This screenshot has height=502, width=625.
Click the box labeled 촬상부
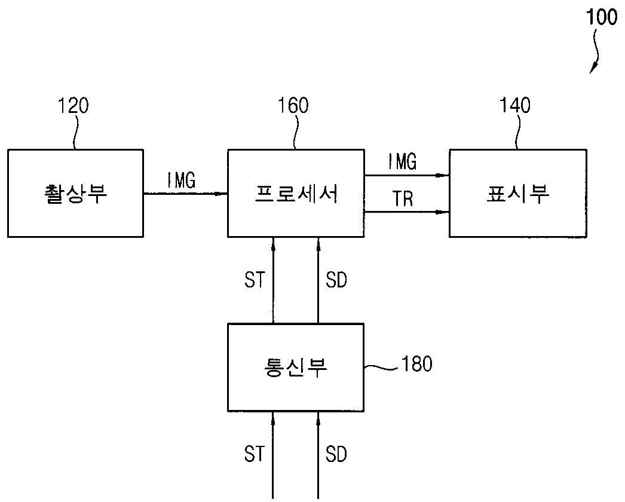(75, 194)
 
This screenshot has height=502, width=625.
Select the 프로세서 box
(296, 194)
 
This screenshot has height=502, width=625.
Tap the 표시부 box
(518, 194)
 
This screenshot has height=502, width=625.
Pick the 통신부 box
(296, 368)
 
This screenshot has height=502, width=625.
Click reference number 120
(73, 106)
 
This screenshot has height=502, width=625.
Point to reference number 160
(293, 106)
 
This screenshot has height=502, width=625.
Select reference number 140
(515, 106)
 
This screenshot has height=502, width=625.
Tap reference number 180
(417, 363)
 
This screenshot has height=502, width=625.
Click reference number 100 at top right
(602, 17)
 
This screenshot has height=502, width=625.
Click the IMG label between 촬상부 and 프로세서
(182, 180)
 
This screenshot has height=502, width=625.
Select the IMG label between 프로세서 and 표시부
(403, 161)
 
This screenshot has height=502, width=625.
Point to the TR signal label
(403, 198)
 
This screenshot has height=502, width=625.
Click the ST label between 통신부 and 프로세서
(255, 280)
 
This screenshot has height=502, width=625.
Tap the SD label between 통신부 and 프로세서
(336, 280)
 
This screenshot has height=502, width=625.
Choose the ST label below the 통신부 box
(255, 454)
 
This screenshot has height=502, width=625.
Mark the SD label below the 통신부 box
(336, 454)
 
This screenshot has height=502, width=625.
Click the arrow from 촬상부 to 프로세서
(185, 194)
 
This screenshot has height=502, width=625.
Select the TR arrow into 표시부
(407, 212)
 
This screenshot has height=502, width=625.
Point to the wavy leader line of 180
(382, 367)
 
